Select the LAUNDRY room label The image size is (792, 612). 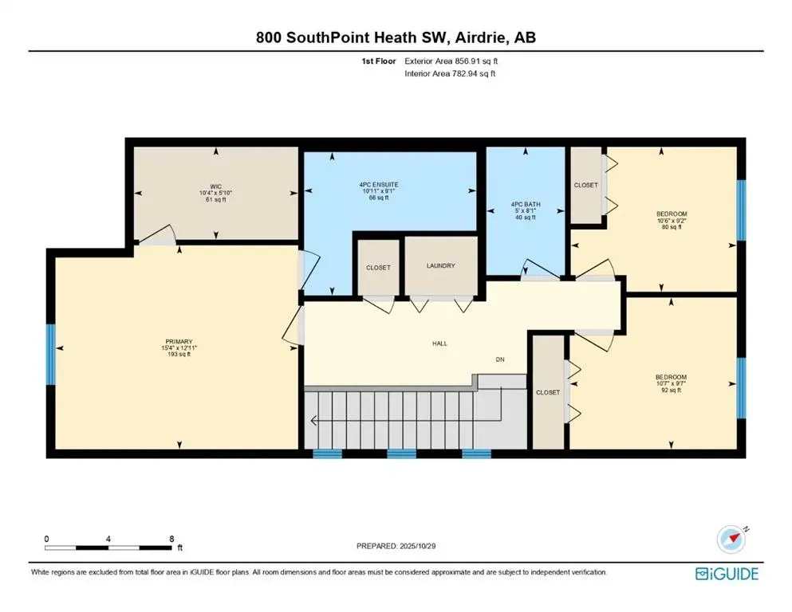(x=440, y=266)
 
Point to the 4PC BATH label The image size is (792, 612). (x=526, y=205)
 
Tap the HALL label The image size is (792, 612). (x=440, y=343)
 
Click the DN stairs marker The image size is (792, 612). (x=500, y=359)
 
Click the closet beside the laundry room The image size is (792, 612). (x=378, y=268)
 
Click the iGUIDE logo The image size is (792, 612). (x=727, y=574)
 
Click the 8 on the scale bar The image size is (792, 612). (x=172, y=539)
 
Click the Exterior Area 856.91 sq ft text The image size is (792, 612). (x=453, y=61)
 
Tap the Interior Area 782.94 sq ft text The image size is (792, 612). (x=451, y=73)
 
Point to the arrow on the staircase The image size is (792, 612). (x=313, y=421)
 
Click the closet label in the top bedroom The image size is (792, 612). (x=585, y=185)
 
